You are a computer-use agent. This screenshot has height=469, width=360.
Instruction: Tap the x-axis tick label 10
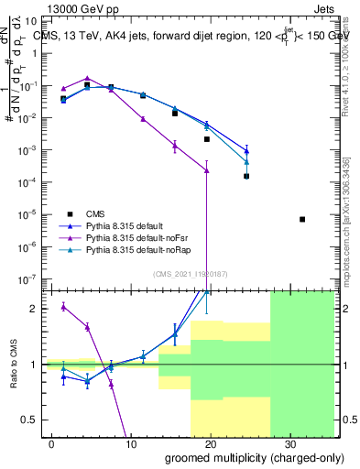coord(131,442)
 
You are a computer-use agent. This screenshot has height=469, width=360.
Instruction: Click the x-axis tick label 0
coord(52,442)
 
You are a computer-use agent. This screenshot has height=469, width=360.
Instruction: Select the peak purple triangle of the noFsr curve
coord(87,79)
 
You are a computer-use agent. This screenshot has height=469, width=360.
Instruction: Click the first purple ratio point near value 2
coord(63,306)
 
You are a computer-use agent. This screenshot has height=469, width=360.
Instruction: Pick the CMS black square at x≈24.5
coord(246,176)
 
